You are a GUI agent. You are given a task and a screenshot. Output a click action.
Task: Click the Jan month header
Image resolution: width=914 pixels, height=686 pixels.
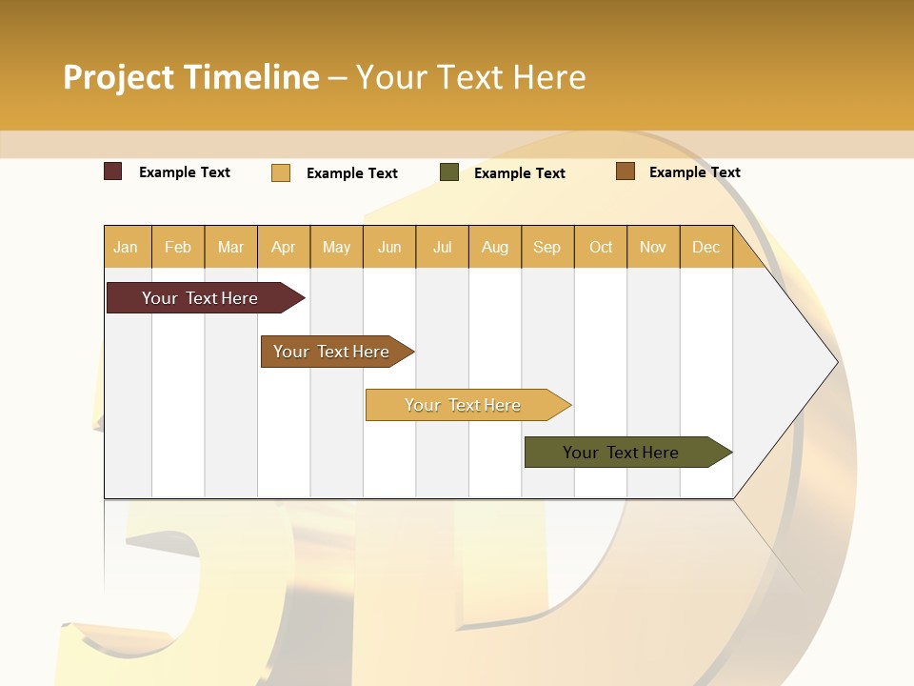click(126, 247)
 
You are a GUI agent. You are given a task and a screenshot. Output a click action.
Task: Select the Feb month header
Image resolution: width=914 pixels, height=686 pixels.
click(178, 247)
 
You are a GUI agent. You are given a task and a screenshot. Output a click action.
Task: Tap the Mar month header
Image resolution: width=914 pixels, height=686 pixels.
click(230, 247)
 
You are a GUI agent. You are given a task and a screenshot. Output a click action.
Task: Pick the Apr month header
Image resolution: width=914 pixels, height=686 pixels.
click(283, 247)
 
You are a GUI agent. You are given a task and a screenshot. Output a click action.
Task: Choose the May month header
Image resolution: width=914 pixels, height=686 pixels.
click(336, 247)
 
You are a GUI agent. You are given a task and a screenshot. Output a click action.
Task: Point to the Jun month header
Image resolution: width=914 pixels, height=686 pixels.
click(389, 247)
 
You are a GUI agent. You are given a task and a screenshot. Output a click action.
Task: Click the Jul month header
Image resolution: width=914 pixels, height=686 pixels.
click(442, 247)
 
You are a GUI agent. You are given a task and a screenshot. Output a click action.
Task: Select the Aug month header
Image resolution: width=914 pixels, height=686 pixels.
click(494, 247)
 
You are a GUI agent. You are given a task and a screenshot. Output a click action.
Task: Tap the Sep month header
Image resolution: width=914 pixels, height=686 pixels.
click(546, 247)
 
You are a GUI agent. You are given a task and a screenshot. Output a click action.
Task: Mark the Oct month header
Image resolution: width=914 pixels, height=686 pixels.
click(601, 247)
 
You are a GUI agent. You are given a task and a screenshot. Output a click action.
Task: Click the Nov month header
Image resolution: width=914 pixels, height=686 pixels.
click(653, 247)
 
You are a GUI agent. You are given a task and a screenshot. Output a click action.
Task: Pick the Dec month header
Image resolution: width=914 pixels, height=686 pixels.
click(705, 247)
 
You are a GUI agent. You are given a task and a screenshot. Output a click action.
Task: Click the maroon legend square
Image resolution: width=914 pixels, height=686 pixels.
click(113, 171)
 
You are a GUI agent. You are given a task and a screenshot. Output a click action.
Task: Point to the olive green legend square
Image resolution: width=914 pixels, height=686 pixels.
click(449, 172)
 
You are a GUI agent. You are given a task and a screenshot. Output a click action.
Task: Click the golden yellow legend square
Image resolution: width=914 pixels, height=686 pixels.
click(281, 172)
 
